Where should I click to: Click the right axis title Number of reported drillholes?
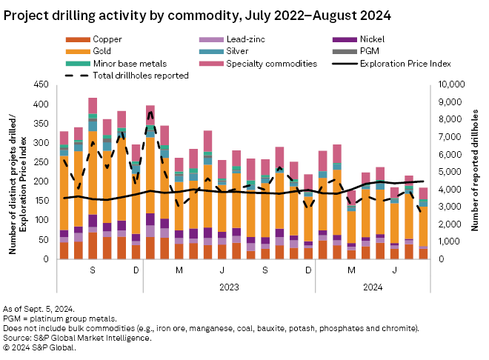click(x=476, y=172)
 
